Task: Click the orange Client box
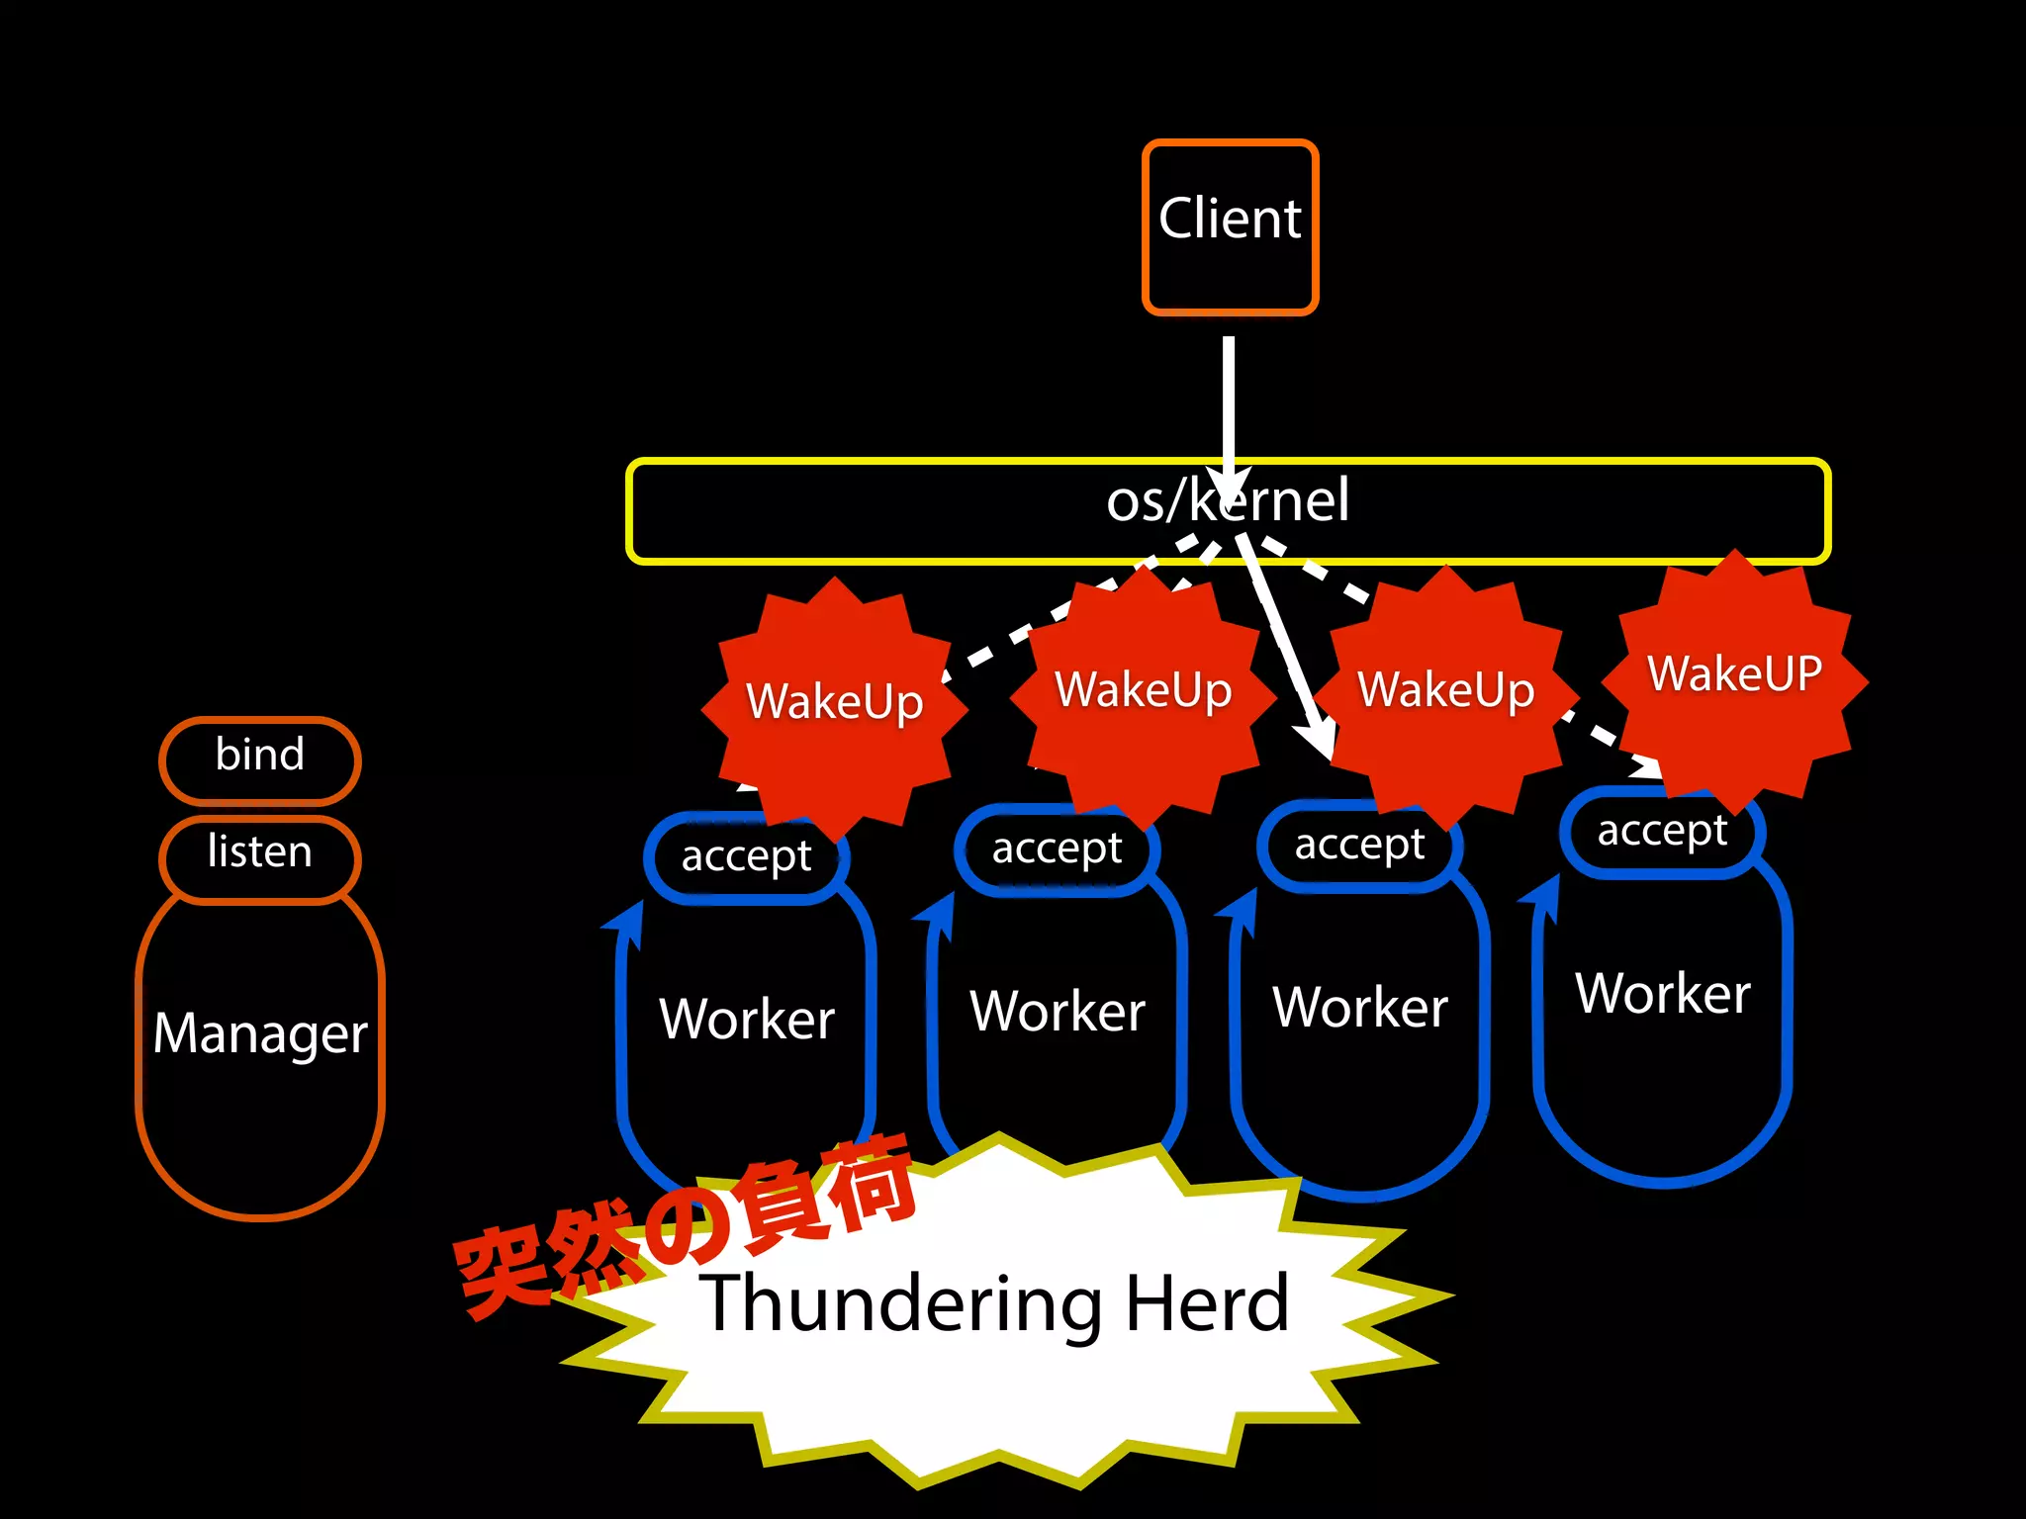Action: click(x=1230, y=227)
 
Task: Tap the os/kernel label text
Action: click(x=1228, y=500)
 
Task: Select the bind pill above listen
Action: click(x=260, y=757)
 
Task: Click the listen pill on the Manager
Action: click(x=260, y=853)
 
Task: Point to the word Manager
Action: click(x=260, y=1034)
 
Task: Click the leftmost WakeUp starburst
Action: click(x=834, y=702)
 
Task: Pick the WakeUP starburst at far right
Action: click(x=1734, y=675)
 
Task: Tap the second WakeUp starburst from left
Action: click(x=1143, y=690)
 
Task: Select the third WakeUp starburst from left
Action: click(x=1445, y=690)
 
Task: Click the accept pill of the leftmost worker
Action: click(x=746, y=856)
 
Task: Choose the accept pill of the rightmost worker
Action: click(x=1662, y=832)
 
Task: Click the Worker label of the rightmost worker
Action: click(x=1663, y=994)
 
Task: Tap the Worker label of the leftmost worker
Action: click(x=747, y=1020)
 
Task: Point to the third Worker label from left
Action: click(x=1360, y=1008)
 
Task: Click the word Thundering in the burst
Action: click(x=899, y=1304)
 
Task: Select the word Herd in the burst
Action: click(x=1208, y=1304)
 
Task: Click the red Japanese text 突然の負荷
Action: click(x=683, y=1226)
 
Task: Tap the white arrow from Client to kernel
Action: click(x=1229, y=405)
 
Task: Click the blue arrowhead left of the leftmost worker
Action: click(x=626, y=923)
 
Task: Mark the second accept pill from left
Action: click(x=1057, y=849)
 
